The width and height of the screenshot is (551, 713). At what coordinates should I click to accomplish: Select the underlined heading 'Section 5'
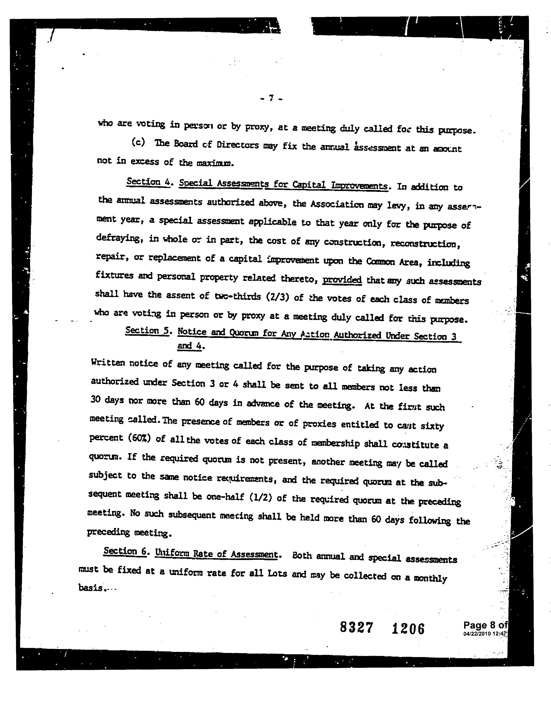click(x=147, y=331)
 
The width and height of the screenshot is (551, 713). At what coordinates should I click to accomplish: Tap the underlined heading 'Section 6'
click(x=125, y=551)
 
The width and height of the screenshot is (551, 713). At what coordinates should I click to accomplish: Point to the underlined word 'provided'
click(x=342, y=280)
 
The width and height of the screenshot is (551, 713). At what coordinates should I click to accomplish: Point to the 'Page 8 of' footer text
click(x=485, y=625)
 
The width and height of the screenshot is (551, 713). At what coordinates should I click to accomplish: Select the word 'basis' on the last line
click(x=90, y=587)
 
